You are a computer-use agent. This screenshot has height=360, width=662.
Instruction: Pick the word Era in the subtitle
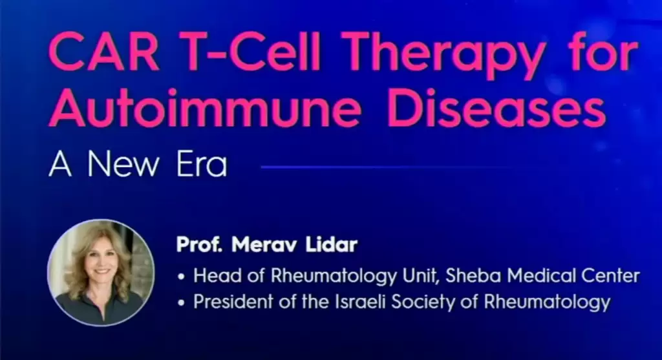coord(202,164)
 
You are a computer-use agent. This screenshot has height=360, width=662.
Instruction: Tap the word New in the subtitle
coord(123,164)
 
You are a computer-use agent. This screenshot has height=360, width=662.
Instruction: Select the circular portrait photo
coord(101,273)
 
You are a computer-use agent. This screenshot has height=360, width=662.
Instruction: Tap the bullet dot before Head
coord(182,277)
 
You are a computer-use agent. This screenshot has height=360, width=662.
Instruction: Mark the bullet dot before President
coord(182,302)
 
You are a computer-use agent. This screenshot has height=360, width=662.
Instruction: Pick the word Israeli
coord(360,301)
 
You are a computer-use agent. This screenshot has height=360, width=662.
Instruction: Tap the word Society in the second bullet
coord(423,302)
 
